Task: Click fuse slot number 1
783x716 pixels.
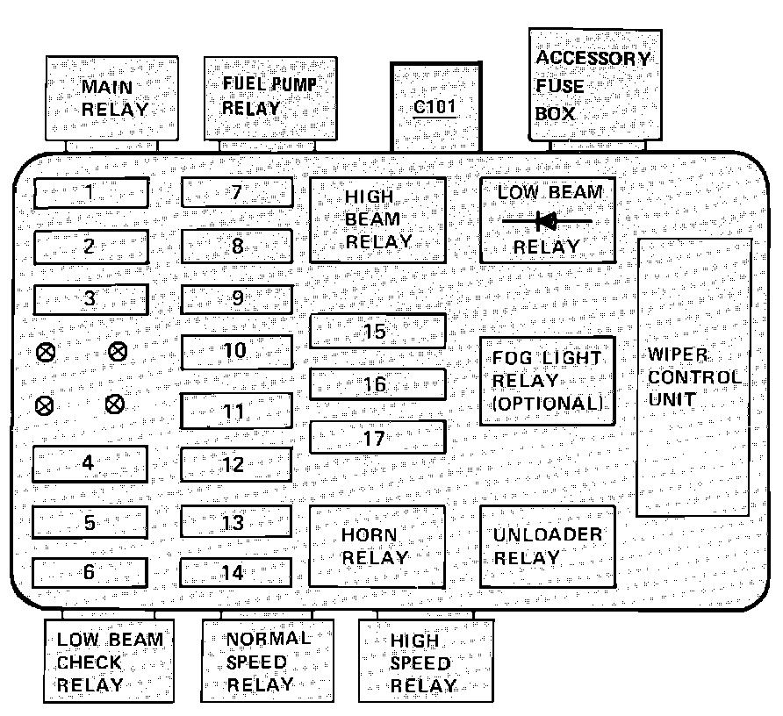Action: tap(90, 192)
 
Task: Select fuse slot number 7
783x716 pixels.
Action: tap(237, 192)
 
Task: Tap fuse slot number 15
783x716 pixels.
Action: tap(377, 332)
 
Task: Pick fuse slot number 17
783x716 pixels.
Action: tap(377, 437)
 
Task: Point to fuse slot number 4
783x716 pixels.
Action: tap(90, 463)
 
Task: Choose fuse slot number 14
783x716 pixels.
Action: tap(235, 572)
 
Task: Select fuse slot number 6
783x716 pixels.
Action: tap(90, 572)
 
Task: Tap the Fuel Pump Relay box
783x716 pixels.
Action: tap(269, 97)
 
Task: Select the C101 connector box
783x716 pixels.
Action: tap(436, 107)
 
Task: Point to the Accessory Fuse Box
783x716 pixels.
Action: tap(594, 84)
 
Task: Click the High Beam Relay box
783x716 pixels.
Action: tap(377, 219)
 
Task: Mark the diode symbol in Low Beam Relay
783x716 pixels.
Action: tap(547, 220)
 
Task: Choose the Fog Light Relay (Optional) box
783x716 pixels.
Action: tap(547, 381)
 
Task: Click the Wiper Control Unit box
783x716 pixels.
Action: tap(693, 377)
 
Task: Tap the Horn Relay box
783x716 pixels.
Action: tap(377, 546)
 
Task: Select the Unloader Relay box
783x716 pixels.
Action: tap(547, 546)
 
